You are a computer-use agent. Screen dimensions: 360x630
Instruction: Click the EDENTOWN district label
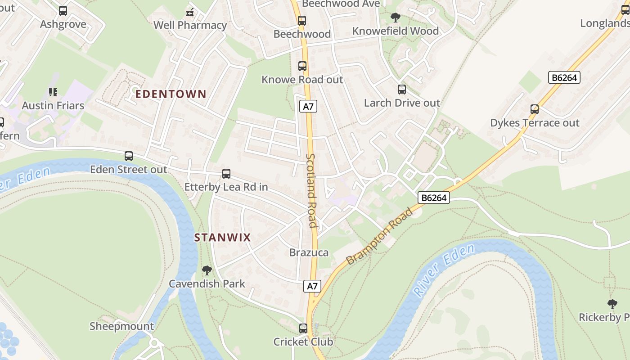pos(171,94)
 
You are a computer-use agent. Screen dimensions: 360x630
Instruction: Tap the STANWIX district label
pos(222,238)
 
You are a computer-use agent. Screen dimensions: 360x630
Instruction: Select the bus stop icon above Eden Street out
pos(129,156)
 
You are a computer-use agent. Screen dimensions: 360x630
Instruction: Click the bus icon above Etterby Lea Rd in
pos(226,174)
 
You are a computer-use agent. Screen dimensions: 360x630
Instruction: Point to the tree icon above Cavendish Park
pos(207,270)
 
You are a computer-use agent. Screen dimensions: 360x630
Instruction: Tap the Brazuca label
pos(309,252)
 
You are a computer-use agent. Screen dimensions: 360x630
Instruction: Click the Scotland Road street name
pos(312,190)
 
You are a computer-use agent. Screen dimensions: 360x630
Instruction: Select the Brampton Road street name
pos(379,236)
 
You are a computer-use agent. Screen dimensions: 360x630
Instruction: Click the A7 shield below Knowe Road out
pos(308,107)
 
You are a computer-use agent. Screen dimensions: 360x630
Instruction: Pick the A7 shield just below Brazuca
pos(312,286)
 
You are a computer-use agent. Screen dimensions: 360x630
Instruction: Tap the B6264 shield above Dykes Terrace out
pos(564,77)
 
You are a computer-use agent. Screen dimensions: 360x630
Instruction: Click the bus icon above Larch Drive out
pos(402,90)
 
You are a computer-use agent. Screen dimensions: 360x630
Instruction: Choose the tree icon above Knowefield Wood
pos(396,18)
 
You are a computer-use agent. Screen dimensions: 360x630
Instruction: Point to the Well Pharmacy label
pos(190,25)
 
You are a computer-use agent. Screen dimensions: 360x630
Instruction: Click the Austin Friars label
pos(53,106)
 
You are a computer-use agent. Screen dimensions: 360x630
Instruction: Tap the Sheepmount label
pos(121,326)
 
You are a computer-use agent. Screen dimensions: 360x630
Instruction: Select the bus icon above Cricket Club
pos(303,328)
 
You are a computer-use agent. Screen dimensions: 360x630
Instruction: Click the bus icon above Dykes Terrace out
pos(535,109)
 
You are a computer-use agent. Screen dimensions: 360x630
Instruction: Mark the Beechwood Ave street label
pos(341,4)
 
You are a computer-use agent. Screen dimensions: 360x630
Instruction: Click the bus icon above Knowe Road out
pos(302,66)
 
